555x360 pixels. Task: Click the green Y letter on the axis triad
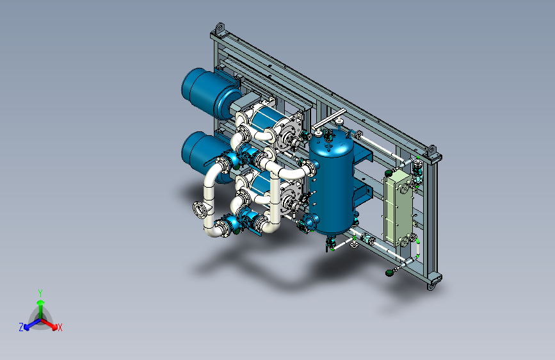pos(40,293)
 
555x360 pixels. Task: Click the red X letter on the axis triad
pos(60,328)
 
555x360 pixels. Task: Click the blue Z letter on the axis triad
pos(21,327)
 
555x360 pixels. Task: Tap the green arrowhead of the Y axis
pos(41,302)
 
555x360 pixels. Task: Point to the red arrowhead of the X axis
pos(54,327)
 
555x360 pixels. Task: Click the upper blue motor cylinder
pos(211,93)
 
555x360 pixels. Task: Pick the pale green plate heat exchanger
pos(398,208)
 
